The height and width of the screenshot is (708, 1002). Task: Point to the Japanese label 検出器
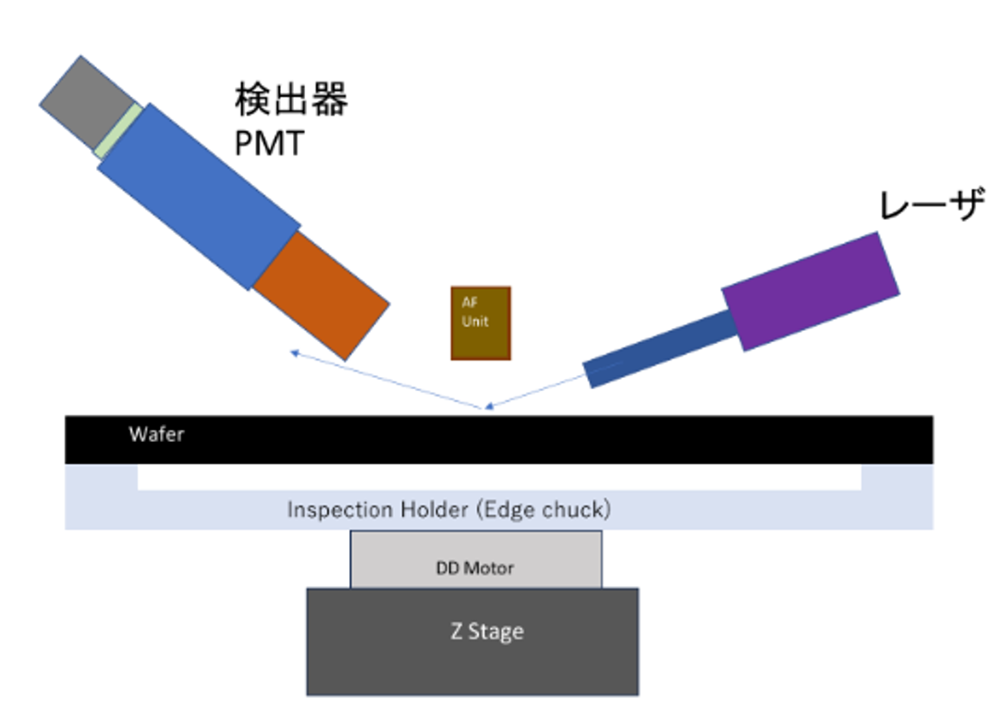click(x=290, y=100)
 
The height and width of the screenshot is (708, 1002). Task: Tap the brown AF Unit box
click(x=480, y=323)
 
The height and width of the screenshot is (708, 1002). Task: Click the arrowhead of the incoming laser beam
click(x=490, y=405)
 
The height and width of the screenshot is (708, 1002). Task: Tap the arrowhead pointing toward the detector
click(x=295, y=352)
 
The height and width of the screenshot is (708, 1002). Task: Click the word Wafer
click(x=156, y=433)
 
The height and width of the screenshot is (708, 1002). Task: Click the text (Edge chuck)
click(x=543, y=509)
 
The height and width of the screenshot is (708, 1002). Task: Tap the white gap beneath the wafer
click(x=499, y=476)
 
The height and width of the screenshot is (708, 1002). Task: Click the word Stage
click(x=497, y=632)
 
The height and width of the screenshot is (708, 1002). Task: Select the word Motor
click(x=489, y=568)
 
